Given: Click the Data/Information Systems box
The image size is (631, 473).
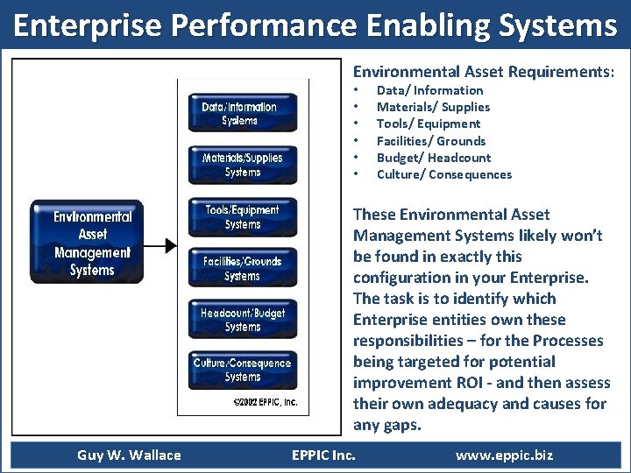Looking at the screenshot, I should click(243, 113).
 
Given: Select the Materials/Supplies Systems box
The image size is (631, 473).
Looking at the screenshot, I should click(243, 165).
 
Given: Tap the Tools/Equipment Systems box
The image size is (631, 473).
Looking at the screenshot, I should click(243, 216).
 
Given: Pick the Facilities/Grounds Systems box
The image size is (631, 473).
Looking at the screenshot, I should click(243, 268).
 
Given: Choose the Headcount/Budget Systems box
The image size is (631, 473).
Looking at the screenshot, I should click(243, 319).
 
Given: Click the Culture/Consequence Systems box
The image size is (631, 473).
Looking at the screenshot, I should click(243, 370).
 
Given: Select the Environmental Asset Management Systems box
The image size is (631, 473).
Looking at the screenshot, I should click(86, 243).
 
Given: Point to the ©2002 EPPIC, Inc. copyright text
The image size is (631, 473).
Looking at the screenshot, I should click(265, 402).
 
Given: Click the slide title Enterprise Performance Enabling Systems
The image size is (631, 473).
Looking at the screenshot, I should click(315, 26).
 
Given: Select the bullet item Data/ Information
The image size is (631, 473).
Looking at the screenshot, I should click(429, 90).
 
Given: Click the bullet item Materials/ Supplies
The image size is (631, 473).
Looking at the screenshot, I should click(433, 107).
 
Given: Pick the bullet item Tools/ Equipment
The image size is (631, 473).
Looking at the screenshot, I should click(429, 124).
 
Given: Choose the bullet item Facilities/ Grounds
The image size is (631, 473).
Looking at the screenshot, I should click(430, 141).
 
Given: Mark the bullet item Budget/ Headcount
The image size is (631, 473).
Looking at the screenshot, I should click(433, 158).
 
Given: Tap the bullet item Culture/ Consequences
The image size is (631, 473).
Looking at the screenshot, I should click(443, 174).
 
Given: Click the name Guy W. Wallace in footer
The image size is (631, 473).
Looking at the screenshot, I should click(129, 455).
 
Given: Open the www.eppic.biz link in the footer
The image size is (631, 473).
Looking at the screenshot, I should click(504, 455).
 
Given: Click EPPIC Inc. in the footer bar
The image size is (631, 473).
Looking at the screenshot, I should click(323, 455).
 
